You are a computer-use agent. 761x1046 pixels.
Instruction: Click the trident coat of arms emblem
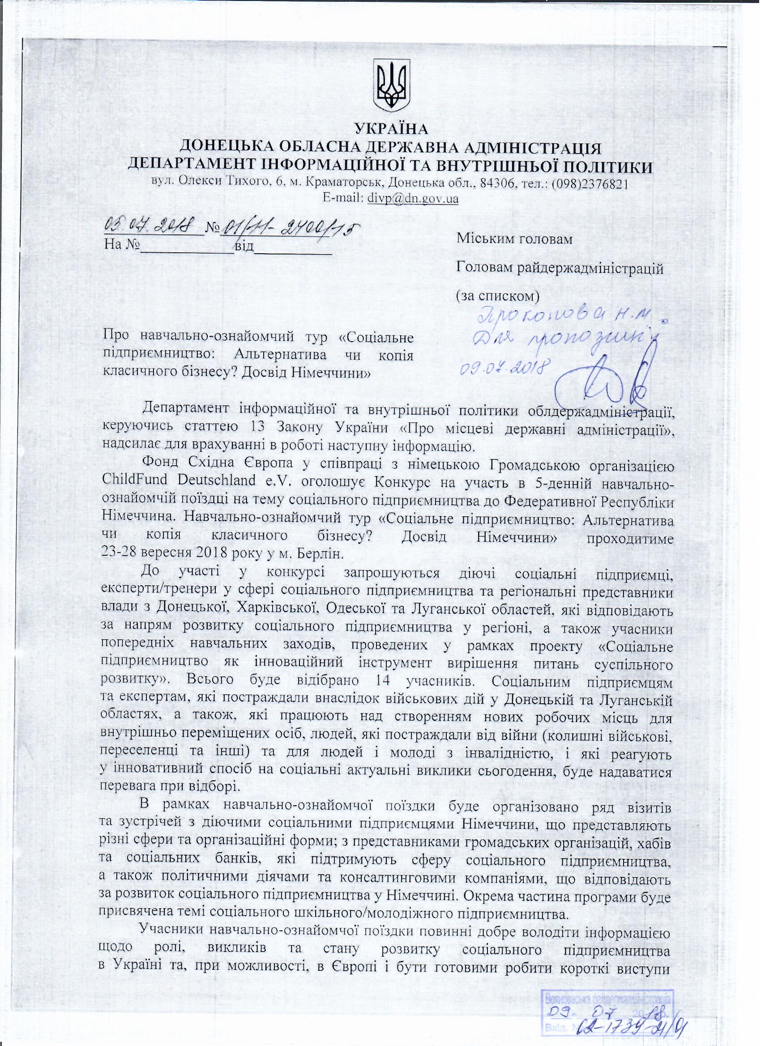coord(391,87)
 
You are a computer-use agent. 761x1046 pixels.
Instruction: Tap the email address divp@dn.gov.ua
coord(412,199)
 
